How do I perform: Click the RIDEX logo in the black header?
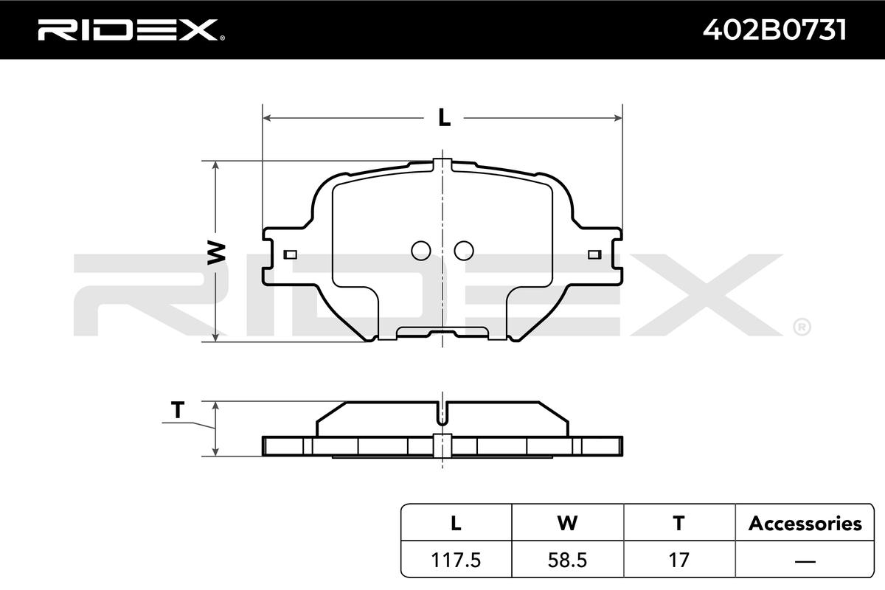tap(131, 30)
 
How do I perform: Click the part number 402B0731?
tap(774, 30)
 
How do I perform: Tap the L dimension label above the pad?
tap(444, 117)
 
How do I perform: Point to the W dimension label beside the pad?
tap(216, 252)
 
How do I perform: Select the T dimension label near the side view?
tap(178, 410)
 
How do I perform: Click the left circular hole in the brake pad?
tap(421, 251)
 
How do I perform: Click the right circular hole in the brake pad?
tap(464, 251)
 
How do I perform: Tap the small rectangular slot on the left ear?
tap(291, 254)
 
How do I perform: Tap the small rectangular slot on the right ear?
tap(594, 254)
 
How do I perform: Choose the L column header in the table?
tap(456, 523)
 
